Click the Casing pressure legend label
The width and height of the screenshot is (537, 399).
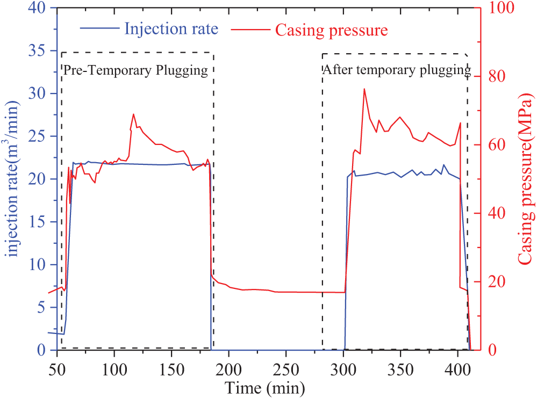click(331, 30)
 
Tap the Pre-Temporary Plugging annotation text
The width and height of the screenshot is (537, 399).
click(136, 71)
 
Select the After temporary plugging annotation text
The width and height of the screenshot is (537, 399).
click(397, 70)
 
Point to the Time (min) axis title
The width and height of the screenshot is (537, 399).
click(265, 387)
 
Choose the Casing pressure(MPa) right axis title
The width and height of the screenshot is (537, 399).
click(526, 180)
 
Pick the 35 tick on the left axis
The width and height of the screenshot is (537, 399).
click(40, 51)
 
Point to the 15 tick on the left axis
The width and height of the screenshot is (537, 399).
click(40, 222)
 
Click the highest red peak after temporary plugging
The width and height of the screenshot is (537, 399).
click(364, 89)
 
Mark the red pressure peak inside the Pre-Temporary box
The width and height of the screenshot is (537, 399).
click(133, 114)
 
